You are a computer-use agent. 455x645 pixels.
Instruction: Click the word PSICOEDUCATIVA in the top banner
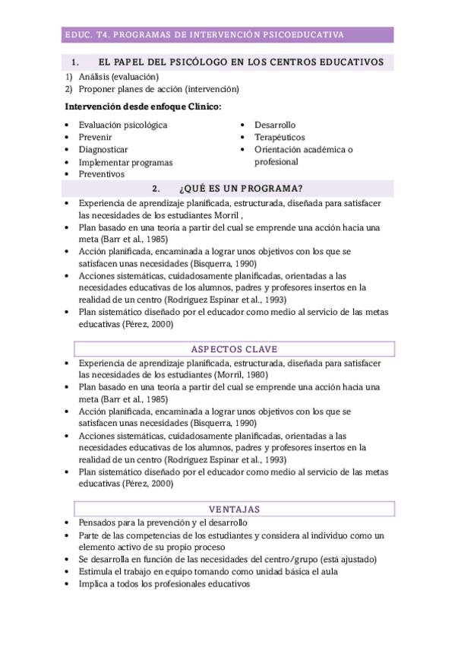[x=303, y=34]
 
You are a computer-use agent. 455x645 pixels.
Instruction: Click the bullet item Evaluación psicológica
[x=123, y=125]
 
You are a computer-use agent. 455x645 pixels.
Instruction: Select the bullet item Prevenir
[x=96, y=137]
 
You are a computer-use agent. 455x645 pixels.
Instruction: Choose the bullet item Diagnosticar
[x=103, y=149]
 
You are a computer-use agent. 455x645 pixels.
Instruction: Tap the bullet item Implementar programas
[x=125, y=162]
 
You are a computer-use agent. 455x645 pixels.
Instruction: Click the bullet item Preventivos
[x=102, y=174]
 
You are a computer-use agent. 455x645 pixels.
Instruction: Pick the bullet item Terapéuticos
[x=280, y=137]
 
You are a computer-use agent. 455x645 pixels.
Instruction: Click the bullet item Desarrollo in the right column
[x=275, y=125]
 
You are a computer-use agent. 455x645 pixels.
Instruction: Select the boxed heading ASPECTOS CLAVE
[x=234, y=349]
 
